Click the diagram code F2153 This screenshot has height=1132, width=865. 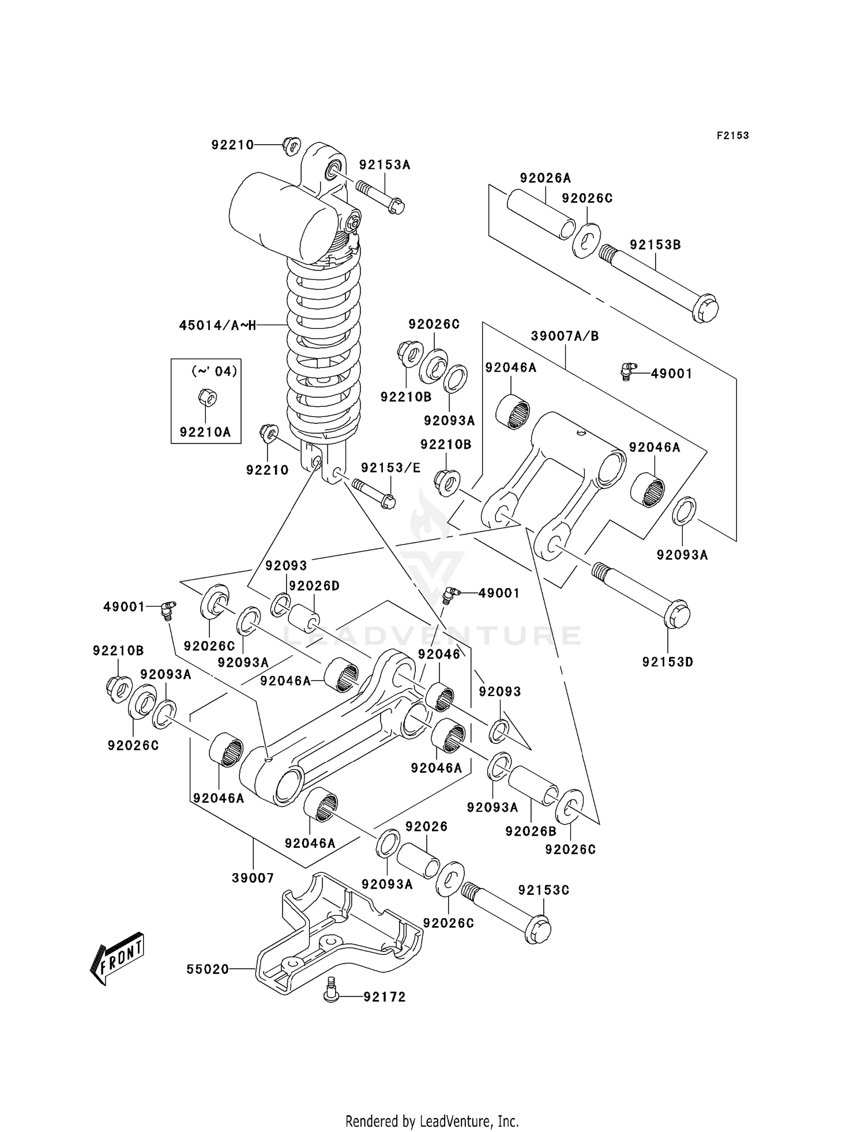click(732, 136)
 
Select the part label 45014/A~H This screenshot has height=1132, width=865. click(217, 325)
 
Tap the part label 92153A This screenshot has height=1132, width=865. click(384, 165)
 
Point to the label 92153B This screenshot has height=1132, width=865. click(655, 245)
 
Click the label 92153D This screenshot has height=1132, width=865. click(667, 662)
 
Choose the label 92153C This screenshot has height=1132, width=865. click(543, 890)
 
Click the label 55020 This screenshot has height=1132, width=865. click(208, 969)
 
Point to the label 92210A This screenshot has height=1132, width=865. click(205, 432)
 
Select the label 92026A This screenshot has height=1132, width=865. click(545, 178)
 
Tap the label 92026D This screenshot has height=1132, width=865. click(314, 586)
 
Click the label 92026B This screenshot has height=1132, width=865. click(531, 831)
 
